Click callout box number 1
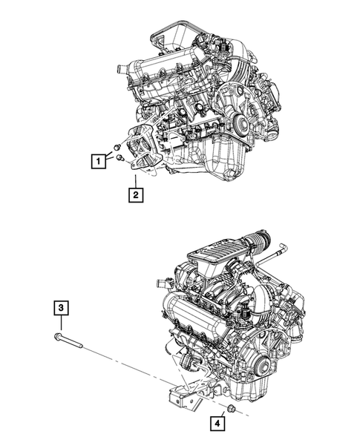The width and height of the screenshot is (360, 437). point(95,159)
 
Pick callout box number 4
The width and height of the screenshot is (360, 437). point(217,424)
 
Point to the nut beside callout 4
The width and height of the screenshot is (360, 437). point(231,410)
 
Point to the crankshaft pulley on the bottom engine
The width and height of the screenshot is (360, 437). point(261,365)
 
